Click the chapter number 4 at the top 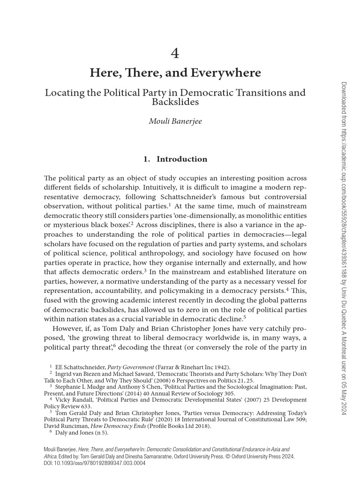click(x=175, y=54)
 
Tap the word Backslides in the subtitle click(x=175, y=101)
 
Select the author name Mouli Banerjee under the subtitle click(x=175, y=122)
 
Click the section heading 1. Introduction click(x=175, y=159)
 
